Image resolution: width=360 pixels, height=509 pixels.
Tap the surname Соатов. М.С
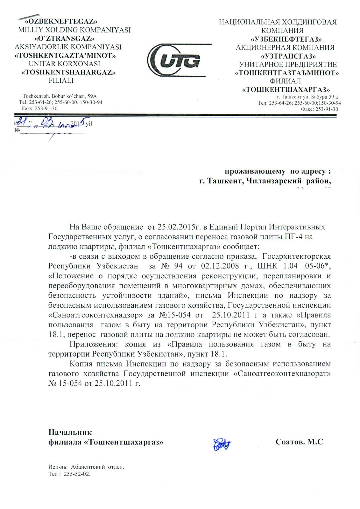(299, 442)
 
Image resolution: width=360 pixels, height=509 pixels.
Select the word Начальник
(70, 432)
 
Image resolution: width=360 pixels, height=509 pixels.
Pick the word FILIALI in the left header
(61, 81)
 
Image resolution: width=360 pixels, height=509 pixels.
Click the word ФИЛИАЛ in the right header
(285, 81)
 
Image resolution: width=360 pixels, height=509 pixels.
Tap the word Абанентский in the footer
(88, 467)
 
